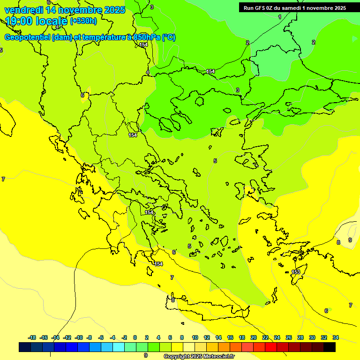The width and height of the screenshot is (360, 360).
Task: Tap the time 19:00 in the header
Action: (21, 21)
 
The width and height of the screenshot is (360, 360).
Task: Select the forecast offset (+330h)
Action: (83, 21)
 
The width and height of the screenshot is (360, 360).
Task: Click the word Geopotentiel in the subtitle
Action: (27, 37)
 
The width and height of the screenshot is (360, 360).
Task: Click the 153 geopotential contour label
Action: (296, 272)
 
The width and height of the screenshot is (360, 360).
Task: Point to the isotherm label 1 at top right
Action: (280, 17)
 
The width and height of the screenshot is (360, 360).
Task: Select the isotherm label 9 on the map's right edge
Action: (350, 240)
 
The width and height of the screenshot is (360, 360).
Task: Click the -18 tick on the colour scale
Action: (32, 337)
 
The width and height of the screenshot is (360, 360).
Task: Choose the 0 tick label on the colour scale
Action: (135, 337)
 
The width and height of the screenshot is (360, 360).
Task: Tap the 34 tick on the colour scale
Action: (336, 337)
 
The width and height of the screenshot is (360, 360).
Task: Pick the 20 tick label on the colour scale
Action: (254, 337)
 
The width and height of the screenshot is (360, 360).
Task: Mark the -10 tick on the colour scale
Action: (79, 337)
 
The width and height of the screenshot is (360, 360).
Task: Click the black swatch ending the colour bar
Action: (330, 347)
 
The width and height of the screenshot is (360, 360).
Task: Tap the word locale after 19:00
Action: (51, 21)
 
